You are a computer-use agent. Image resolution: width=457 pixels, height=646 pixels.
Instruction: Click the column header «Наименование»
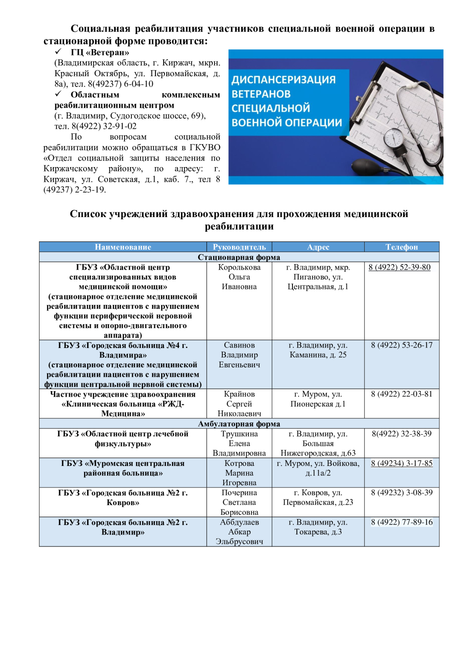coord(123,247)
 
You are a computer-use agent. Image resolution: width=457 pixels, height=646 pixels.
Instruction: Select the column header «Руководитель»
coord(239,247)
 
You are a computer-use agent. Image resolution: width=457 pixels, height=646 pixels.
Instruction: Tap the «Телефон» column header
coord(401,247)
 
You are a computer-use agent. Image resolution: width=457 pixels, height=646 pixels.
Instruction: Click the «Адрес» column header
coord(318,247)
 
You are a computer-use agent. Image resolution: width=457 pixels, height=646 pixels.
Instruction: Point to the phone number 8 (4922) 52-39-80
coord(399,267)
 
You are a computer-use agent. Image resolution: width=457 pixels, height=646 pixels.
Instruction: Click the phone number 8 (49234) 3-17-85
coord(401,463)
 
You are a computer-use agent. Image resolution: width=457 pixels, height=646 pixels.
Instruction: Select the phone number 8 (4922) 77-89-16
coord(401,522)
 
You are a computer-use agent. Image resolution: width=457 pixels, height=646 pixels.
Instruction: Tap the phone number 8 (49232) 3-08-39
coord(401,493)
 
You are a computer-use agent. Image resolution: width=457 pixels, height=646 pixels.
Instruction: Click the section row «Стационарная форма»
coord(239,257)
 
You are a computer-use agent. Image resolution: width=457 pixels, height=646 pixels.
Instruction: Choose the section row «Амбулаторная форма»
coord(239,424)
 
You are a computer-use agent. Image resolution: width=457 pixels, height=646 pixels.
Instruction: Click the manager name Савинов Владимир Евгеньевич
coord(239,355)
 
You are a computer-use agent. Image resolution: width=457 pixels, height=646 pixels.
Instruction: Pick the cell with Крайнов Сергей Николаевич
coord(239,404)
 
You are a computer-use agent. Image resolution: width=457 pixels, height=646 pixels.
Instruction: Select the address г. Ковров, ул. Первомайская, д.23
coord(318,497)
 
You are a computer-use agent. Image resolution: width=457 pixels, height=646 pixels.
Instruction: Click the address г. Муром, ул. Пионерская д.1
coord(318,399)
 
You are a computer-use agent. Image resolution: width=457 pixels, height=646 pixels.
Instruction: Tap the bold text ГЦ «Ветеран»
coord(100,53)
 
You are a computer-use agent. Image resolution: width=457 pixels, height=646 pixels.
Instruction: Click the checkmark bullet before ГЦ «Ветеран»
coord(59,52)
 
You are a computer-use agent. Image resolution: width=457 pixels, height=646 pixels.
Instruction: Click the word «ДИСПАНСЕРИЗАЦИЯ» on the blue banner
coord(283,80)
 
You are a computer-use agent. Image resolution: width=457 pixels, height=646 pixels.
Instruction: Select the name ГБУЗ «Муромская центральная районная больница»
coord(123,468)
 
